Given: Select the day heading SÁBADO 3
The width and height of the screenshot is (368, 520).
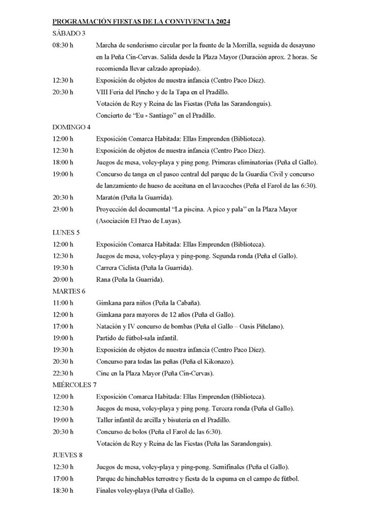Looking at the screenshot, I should (69, 34).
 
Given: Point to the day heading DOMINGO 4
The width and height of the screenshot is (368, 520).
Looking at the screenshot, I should (72, 127).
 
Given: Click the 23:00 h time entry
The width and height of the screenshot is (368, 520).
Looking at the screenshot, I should (63, 209).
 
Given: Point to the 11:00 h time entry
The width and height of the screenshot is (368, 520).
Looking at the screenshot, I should (63, 303).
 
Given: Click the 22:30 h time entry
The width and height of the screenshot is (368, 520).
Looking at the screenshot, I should (63, 373).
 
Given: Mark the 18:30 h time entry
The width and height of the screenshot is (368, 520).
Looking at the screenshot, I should (63, 491).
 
